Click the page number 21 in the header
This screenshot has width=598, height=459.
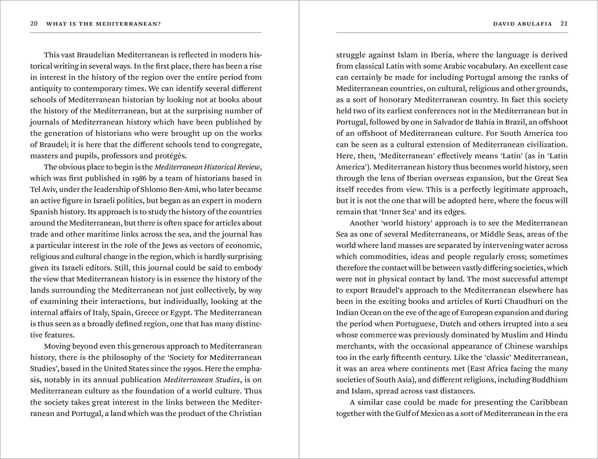564,23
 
